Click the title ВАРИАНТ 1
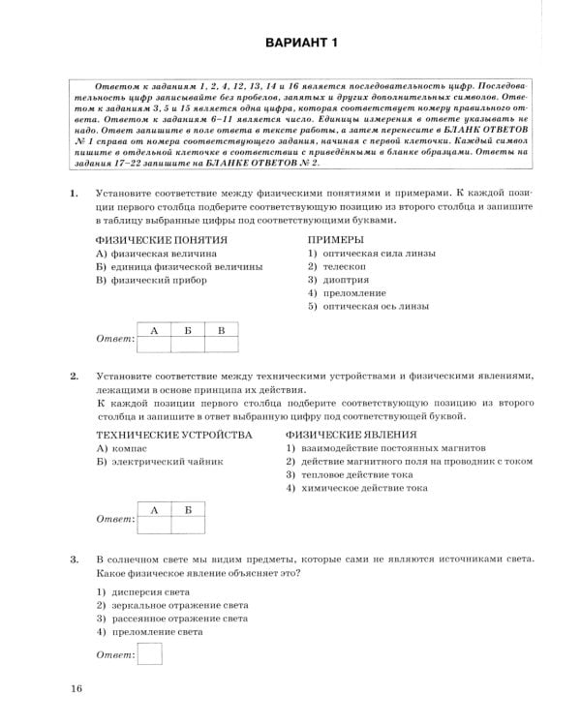(x=290, y=42)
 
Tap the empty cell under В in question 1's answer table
(x=221, y=345)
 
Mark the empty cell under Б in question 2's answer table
(x=188, y=524)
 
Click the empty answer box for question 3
(x=150, y=656)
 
